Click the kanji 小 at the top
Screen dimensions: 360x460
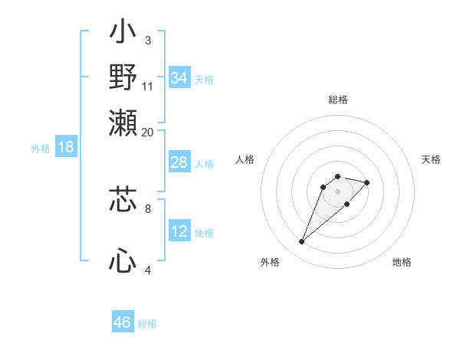[123, 34]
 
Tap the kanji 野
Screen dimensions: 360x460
[123, 77]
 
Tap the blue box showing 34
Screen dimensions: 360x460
[179, 78]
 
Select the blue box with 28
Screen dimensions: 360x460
[179, 162]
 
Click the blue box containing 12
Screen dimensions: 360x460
[179, 231]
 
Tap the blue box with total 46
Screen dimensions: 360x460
[123, 322]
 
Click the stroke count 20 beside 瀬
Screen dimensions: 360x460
[147, 132]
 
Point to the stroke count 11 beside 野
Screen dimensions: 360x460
[148, 86]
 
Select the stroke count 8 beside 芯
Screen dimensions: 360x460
[148, 208]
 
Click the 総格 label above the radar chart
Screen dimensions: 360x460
[337, 100]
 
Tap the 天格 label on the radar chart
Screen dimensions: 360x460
[432, 159]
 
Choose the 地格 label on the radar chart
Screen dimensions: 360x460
[402, 262]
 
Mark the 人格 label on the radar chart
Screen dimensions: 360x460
[245, 159]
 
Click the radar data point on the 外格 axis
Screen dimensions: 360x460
[302, 242]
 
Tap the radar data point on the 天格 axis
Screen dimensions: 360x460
[367, 182]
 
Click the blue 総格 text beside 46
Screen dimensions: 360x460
[147, 324]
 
